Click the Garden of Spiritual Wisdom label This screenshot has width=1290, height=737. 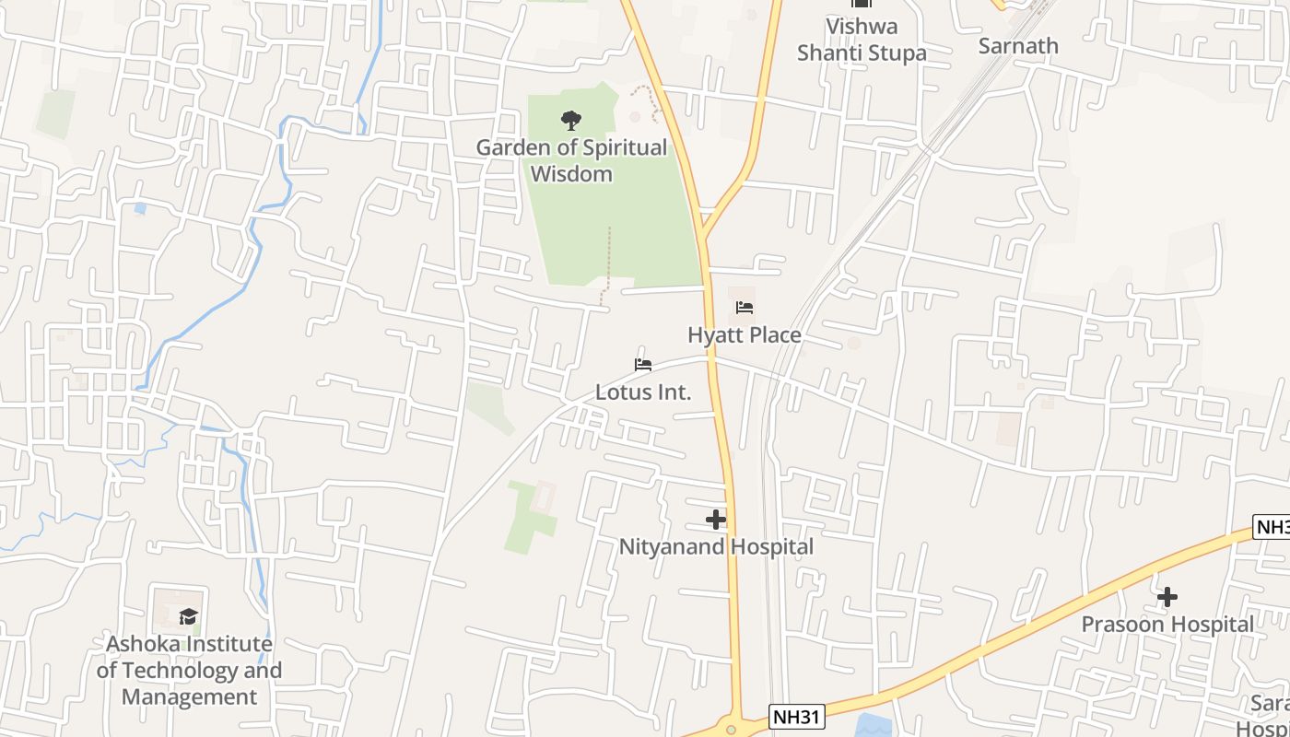(x=571, y=160)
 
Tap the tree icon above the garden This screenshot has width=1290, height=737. (x=571, y=120)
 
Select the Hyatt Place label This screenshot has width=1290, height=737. (x=745, y=334)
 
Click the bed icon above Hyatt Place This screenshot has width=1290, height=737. (x=745, y=308)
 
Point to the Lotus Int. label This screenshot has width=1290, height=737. (x=643, y=392)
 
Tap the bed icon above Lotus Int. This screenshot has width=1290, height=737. (x=643, y=365)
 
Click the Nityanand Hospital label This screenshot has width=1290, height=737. (x=716, y=546)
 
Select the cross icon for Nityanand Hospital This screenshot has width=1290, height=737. (x=716, y=520)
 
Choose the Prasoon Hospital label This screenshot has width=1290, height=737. (x=1167, y=624)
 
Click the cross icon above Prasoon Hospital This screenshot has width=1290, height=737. (x=1167, y=597)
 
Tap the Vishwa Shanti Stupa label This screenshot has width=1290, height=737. (x=862, y=40)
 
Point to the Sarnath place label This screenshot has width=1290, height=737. (x=1018, y=46)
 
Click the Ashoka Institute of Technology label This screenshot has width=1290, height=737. (x=190, y=670)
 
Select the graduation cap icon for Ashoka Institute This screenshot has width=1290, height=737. (x=189, y=616)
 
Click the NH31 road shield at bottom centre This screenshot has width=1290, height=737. (x=796, y=717)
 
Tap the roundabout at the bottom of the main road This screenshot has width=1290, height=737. (x=732, y=729)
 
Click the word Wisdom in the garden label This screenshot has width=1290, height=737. (x=571, y=173)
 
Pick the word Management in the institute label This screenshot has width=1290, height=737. (x=190, y=696)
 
